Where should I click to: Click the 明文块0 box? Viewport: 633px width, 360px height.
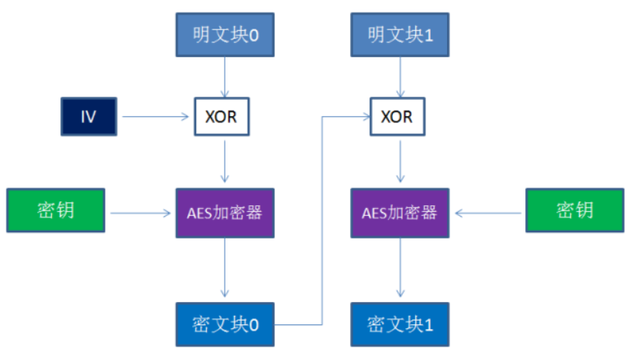pyautogui.click(x=225, y=35)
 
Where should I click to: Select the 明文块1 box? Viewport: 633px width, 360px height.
pyautogui.click(x=400, y=35)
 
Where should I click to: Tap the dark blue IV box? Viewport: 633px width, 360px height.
pyautogui.click(x=88, y=117)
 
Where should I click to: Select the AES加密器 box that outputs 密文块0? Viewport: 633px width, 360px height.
pyautogui.click(x=225, y=212)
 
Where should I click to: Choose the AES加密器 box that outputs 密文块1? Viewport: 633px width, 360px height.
pyautogui.click(x=400, y=212)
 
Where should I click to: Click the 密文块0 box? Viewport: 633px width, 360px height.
pyautogui.click(x=225, y=324)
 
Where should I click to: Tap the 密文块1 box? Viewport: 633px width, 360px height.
pyautogui.click(x=400, y=324)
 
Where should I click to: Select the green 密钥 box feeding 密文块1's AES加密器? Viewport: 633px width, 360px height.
pyautogui.click(x=574, y=211)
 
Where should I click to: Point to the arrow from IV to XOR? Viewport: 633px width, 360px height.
pyautogui.click(x=155, y=117)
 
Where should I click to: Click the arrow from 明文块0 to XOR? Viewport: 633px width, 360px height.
pyautogui.click(x=225, y=77)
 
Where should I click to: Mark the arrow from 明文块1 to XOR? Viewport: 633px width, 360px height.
pyautogui.click(x=400, y=77)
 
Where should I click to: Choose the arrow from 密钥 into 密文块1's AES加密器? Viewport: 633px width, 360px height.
pyautogui.click(x=490, y=211)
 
